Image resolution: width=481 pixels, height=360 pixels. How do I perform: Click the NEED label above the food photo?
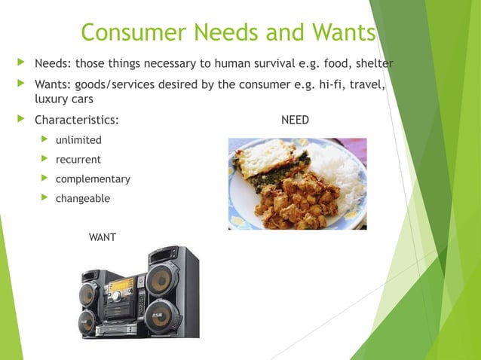pyautogui.click(x=295, y=120)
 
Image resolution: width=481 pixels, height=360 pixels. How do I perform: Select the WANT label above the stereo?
pyautogui.click(x=103, y=237)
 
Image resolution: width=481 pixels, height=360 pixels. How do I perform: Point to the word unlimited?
pyautogui.click(x=78, y=140)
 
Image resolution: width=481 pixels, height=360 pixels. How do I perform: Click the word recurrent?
pyautogui.click(x=78, y=160)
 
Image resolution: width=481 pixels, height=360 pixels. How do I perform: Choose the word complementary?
pyautogui.click(x=93, y=179)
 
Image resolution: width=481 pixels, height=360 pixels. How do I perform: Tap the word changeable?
pyautogui.click(x=83, y=199)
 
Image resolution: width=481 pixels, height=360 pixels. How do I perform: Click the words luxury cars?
pyautogui.click(x=64, y=99)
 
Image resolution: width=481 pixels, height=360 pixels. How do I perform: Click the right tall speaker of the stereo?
pyautogui.click(x=170, y=294)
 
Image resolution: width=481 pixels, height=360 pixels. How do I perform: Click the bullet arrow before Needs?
pyautogui.click(x=20, y=62)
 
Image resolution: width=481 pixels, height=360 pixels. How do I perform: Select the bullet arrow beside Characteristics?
pyautogui.click(x=20, y=119)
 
